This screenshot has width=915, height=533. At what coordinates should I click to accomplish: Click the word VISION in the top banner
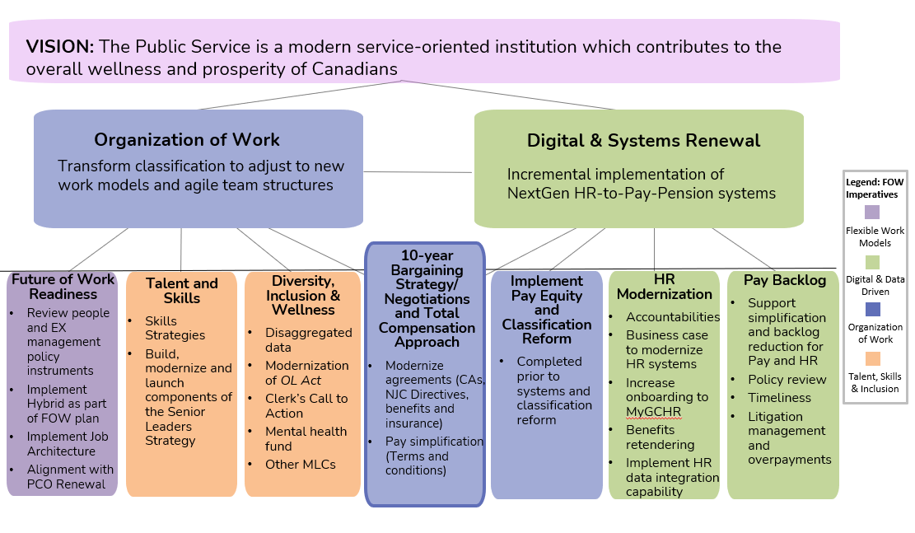point(59,47)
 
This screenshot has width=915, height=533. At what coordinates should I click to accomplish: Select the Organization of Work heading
point(187,140)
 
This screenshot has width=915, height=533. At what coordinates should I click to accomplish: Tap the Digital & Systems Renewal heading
point(643,141)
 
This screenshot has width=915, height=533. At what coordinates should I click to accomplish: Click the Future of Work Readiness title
point(63,286)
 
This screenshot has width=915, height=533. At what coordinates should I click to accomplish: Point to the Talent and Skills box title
point(182,290)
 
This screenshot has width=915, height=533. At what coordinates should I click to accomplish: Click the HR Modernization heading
point(664,287)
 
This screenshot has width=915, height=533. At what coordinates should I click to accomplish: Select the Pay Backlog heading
point(784,280)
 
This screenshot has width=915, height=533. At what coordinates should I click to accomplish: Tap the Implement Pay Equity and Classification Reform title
point(546,310)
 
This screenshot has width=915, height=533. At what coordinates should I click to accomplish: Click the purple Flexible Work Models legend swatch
point(872,213)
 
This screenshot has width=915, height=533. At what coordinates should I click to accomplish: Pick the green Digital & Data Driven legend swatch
point(872,261)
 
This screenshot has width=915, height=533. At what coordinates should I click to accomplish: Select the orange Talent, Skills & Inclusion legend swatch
point(872,358)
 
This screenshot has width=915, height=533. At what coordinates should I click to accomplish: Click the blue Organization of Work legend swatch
point(872,309)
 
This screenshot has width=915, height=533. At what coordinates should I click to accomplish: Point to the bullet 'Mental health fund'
point(306,438)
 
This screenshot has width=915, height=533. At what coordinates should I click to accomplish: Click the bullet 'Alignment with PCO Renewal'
point(70,476)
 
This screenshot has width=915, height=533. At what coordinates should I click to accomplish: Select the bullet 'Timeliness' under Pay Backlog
point(779,398)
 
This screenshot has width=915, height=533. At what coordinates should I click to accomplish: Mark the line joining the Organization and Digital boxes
point(418,172)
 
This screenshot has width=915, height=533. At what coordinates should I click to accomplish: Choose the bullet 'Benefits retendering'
point(661,437)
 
